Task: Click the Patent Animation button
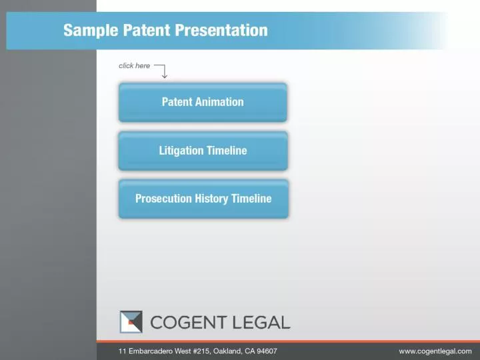(203, 102)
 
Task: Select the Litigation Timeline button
(203, 151)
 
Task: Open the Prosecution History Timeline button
(203, 199)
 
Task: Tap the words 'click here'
(134, 65)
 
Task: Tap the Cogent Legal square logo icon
(131, 322)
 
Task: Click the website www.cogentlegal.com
(435, 351)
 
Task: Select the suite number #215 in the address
(199, 351)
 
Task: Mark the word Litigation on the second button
(181, 151)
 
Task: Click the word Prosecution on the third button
(163, 199)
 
